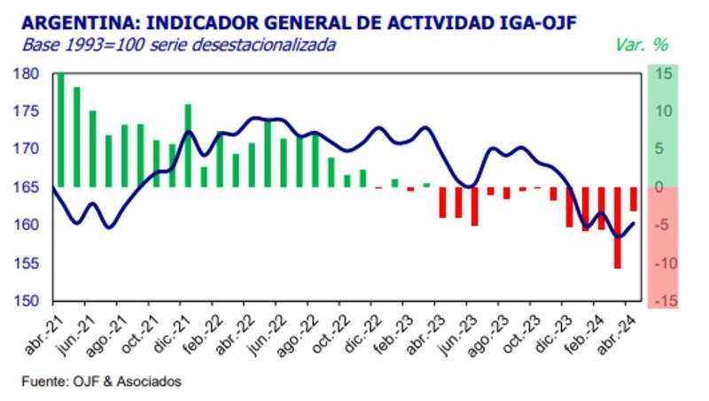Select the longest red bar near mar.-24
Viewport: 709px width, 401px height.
coord(618,227)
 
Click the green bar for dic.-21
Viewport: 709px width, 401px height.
coord(188,146)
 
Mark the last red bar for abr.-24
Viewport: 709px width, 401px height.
coord(633,199)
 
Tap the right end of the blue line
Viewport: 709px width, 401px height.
coord(633,223)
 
